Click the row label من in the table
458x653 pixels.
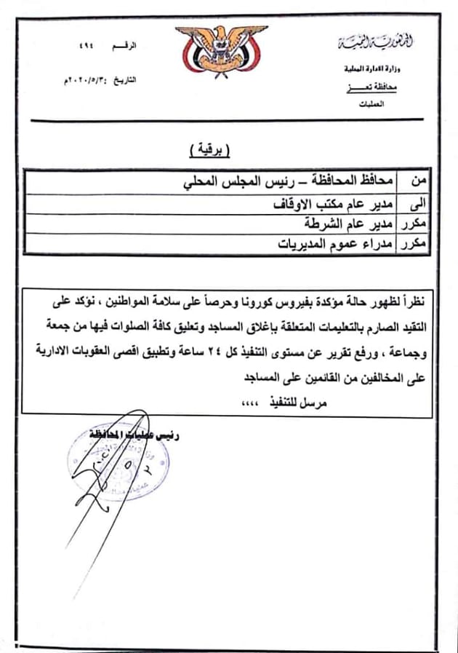[x=419, y=180]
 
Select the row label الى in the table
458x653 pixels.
[x=418, y=202]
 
